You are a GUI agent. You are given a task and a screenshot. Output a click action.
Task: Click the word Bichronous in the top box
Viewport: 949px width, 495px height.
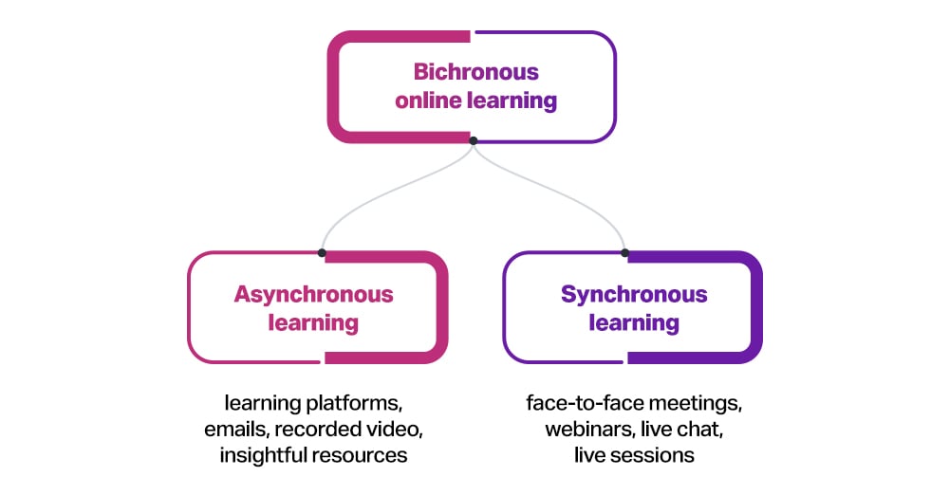(475, 72)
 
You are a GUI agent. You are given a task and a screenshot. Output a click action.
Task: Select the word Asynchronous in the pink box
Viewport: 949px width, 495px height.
(313, 294)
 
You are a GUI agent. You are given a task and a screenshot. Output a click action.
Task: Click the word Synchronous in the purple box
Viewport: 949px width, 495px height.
(634, 294)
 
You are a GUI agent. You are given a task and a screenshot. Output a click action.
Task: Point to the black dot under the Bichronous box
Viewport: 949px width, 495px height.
(474, 141)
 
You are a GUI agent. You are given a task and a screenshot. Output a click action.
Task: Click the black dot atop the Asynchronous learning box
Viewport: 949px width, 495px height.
(323, 253)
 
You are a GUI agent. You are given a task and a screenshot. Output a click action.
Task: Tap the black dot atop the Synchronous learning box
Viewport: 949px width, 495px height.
(625, 253)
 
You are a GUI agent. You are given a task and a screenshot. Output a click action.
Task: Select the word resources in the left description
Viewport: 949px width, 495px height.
(361, 455)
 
